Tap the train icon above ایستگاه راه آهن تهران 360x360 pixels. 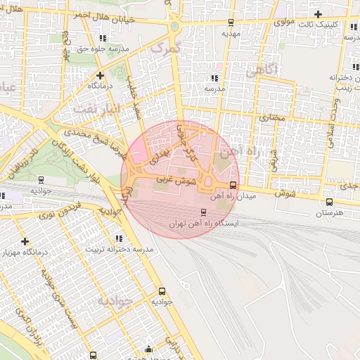pos(204,212)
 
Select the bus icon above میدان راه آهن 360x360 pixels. pos(233,186)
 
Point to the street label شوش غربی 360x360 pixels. pos(176,181)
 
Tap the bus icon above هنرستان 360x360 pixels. pos(329,201)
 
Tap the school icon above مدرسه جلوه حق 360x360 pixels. pos(103,38)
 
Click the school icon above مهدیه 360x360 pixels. pos(231,22)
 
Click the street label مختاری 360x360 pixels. pos(274,117)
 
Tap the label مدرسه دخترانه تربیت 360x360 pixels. pos(116,249)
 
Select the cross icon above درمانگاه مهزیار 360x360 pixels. pos(25,241)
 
